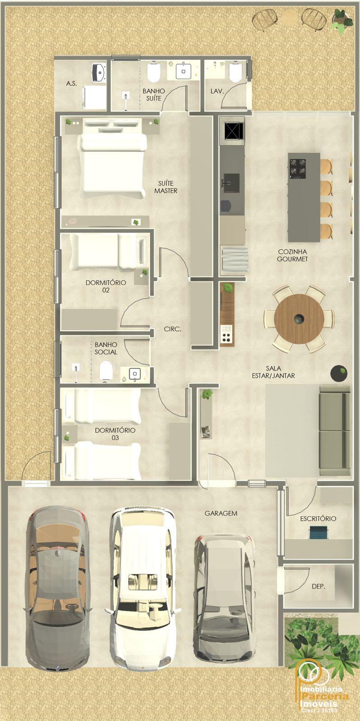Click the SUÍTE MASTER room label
tap(166, 187)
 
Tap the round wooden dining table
tap(299, 319)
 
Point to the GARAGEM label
tap(221, 513)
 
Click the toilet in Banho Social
tap(106, 371)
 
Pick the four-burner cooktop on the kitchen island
tap(297, 169)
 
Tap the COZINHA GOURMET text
tap(292, 255)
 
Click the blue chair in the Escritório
tap(318, 532)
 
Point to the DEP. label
tap(319, 586)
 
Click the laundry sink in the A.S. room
tap(99, 72)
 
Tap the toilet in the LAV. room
tap(235, 72)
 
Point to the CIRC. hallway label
tap(173, 329)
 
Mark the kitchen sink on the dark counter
tap(231, 183)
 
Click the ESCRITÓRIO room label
tap(318, 519)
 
